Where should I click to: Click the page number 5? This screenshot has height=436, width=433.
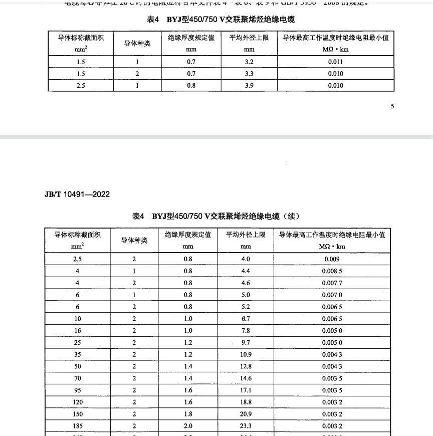(x=392, y=106)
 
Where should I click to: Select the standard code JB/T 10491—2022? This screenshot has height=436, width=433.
(x=77, y=194)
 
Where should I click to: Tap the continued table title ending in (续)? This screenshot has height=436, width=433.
(x=215, y=216)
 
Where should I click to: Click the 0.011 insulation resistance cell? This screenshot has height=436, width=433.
(x=335, y=62)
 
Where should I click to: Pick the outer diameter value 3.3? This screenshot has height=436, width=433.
(x=249, y=74)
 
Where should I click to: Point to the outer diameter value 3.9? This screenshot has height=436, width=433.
(x=249, y=85)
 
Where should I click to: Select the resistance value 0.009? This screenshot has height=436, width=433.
(x=332, y=259)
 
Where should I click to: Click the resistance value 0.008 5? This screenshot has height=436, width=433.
(x=332, y=271)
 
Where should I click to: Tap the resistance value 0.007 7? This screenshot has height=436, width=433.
(x=332, y=283)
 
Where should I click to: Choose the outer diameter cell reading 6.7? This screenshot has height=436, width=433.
(x=246, y=319)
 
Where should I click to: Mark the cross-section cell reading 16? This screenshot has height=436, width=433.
(x=77, y=331)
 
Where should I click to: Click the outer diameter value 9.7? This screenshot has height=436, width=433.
(x=246, y=343)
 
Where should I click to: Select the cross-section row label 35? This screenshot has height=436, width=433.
(x=77, y=354)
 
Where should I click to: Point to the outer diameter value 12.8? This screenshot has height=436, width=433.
(x=246, y=366)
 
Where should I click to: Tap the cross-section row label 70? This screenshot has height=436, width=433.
(x=77, y=378)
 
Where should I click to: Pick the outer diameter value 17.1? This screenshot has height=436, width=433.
(x=246, y=390)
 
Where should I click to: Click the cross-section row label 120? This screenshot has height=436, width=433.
(x=77, y=402)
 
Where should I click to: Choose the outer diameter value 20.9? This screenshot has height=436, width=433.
(x=246, y=414)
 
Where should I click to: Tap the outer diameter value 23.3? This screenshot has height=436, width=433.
(x=246, y=426)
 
